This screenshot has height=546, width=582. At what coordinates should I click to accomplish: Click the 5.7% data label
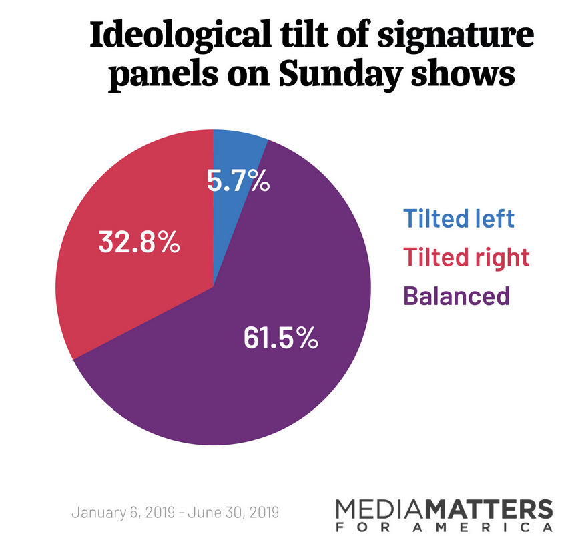(238, 180)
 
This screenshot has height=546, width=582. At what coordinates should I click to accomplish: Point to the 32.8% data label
(139, 242)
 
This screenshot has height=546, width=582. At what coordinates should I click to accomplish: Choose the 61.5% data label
(280, 338)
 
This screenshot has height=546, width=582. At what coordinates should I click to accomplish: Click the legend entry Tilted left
(459, 218)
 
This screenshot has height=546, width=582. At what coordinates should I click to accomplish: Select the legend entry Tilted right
(466, 256)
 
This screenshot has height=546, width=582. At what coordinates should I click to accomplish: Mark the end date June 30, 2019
(233, 513)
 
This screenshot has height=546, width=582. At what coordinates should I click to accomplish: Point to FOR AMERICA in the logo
(444, 528)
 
